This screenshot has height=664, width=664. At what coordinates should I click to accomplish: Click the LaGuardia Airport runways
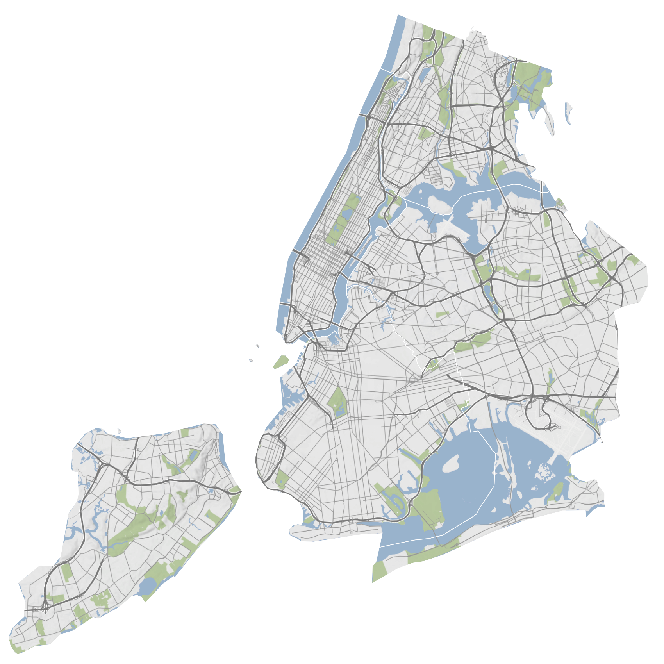coord(453,227)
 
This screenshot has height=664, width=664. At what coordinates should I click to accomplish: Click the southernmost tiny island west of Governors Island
coord(250,360)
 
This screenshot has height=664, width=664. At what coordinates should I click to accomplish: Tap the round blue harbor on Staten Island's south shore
coord(147,586)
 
